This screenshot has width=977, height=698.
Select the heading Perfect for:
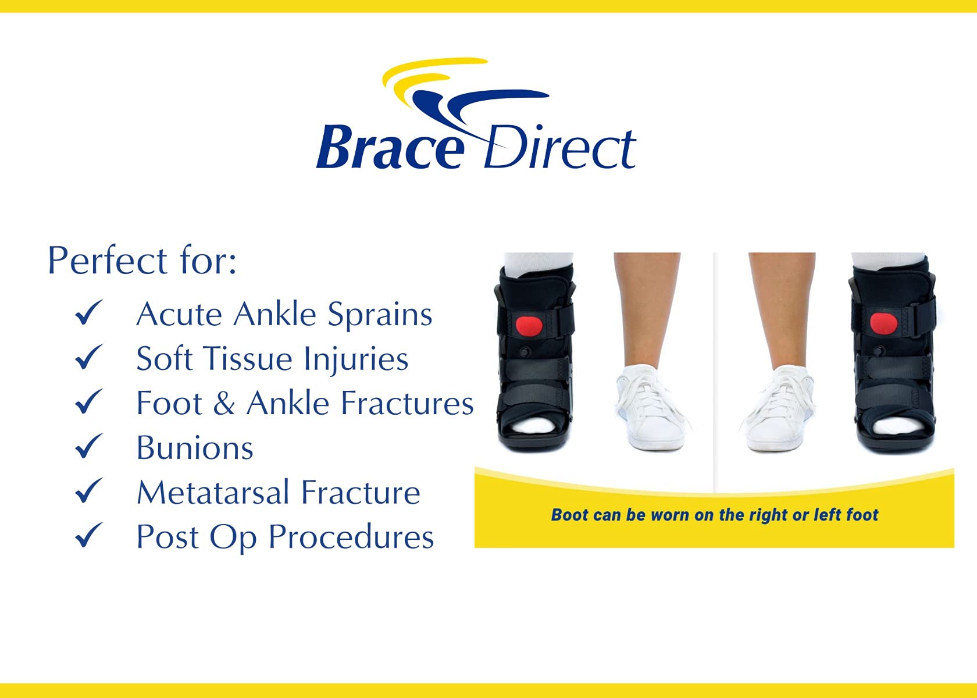(142, 260)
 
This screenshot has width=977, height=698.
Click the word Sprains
(380, 315)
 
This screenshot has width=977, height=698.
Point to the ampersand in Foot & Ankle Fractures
(224, 403)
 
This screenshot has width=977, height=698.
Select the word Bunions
(195, 448)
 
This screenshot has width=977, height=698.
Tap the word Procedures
(351, 537)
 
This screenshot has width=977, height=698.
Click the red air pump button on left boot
(529, 325)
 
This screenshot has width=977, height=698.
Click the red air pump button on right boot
(883, 322)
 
